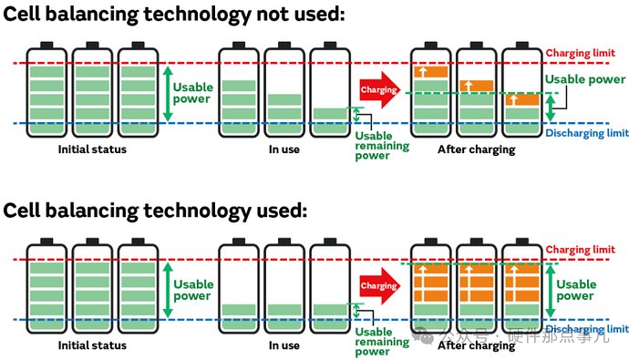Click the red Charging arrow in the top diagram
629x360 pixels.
click(x=379, y=90)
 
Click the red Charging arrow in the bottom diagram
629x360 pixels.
click(x=379, y=286)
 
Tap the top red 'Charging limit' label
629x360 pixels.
click(x=580, y=54)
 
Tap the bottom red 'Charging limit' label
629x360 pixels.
click(x=580, y=250)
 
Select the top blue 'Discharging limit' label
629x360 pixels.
click(x=587, y=133)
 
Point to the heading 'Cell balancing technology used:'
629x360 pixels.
click(x=155, y=210)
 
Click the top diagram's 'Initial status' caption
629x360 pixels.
click(x=92, y=149)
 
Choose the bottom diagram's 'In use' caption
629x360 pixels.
click(x=284, y=345)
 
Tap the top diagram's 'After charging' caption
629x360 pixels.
click(x=477, y=149)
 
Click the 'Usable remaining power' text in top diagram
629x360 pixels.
click(x=382, y=146)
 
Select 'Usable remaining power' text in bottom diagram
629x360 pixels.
click(x=382, y=342)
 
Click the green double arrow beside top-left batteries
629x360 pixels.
click(x=168, y=94)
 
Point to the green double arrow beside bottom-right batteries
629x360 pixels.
click(x=551, y=291)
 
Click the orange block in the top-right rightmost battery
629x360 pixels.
click(x=522, y=99)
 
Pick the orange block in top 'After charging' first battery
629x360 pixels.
click(x=431, y=72)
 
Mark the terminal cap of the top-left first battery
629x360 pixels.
click(x=46, y=45)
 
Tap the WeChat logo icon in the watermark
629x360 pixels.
click(x=423, y=336)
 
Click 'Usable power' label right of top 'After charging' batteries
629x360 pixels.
click(x=585, y=79)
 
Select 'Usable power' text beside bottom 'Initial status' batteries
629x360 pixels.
click(x=193, y=290)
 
